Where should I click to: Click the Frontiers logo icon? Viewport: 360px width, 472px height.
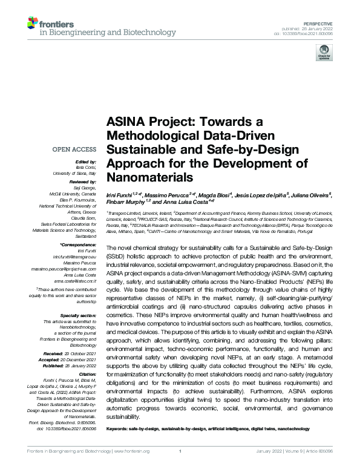pyautogui.click(x=34, y=24)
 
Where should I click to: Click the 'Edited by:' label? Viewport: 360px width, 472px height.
pyautogui.click(x=85, y=162)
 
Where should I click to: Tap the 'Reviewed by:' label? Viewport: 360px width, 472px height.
pyautogui.click(x=83, y=181)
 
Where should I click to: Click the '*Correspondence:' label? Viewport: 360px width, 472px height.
pyautogui.click(x=79, y=244)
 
